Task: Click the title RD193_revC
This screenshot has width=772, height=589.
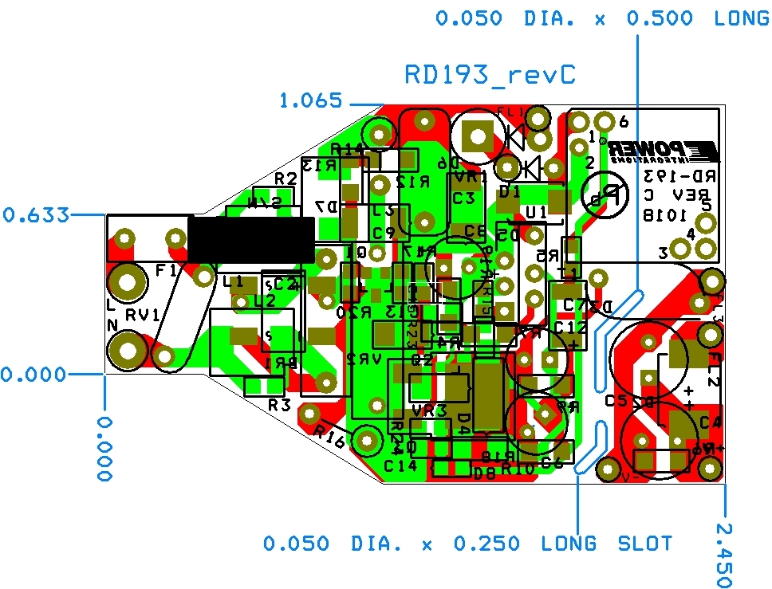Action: pos(490,75)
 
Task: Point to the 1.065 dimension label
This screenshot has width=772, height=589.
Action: pos(310,101)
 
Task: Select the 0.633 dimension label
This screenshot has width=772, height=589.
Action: pos(35,214)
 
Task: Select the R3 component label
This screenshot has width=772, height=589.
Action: pos(279,405)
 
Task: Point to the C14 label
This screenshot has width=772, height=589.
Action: pos(400,465)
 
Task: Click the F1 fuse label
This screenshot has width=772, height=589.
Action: pos(167,270)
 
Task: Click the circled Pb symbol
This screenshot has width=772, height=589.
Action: pos(603,195)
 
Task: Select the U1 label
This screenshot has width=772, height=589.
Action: pos(536,213)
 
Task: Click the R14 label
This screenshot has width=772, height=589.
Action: pos(348,148)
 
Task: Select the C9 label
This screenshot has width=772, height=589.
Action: pos(384,233)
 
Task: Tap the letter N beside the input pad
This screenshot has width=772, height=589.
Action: pos(112,324)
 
